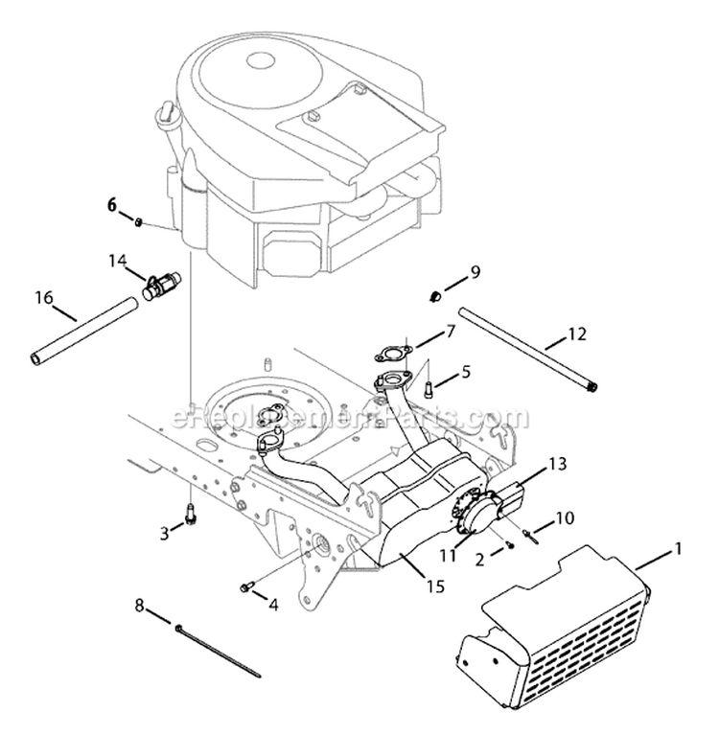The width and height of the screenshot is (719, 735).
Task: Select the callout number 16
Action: (x=43, y=298)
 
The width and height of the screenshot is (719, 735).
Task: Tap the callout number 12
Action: (x=575, y=334)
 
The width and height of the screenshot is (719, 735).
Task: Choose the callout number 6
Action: (x=111, y=204)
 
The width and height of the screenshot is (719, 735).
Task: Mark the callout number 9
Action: (x=474, y=274)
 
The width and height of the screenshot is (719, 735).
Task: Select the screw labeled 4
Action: (x=248, y=586)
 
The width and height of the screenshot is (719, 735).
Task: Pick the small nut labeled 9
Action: (x=434, y=293)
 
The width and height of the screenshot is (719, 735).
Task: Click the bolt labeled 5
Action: (x=429, y=387)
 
